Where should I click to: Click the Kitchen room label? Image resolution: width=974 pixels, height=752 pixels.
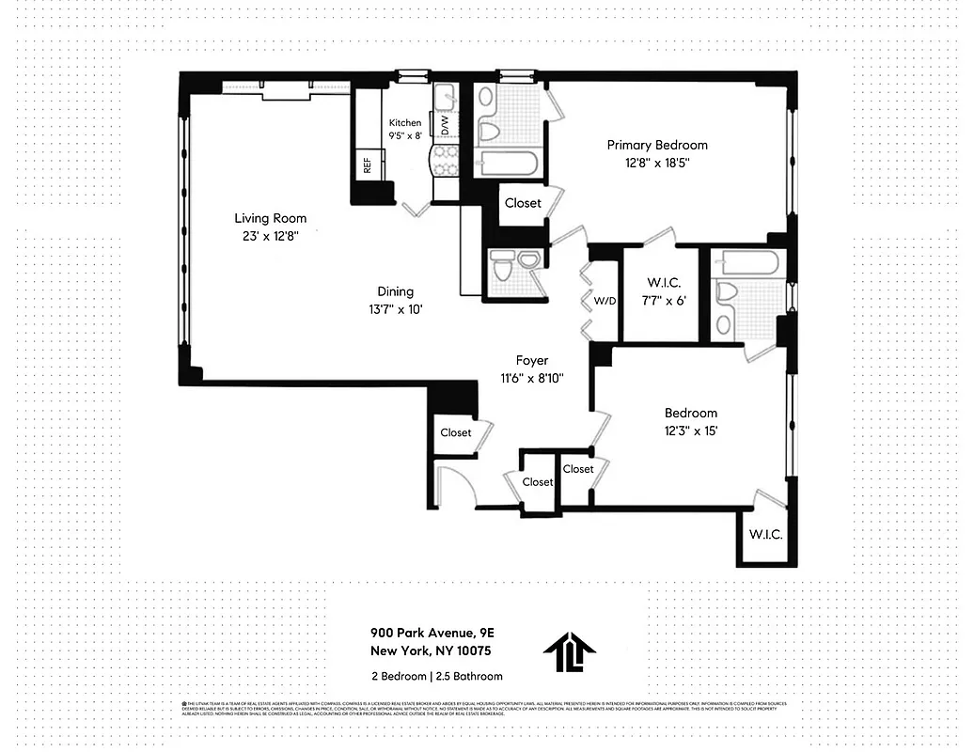point(405,123)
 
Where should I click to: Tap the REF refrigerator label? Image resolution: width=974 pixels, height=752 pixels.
point(367,165)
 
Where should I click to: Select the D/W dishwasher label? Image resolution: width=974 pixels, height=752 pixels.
point(439,124)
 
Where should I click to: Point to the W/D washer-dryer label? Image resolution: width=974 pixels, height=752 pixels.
point(605,302)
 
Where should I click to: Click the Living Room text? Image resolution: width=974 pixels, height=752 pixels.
point(270,218)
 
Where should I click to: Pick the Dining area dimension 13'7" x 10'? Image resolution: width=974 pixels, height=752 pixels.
point(395,310)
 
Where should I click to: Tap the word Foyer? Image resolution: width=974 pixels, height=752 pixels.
point(531,360)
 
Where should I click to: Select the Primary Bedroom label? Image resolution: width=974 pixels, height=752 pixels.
point(656,145)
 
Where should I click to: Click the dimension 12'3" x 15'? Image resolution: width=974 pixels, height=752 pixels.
point(690,431)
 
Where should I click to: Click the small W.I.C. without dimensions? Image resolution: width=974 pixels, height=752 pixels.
point(765,535)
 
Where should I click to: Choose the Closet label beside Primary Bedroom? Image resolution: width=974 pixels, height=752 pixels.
point(523,203)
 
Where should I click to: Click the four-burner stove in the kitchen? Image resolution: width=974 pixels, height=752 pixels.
point(444,159)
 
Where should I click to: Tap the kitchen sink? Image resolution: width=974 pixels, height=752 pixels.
point(444,95)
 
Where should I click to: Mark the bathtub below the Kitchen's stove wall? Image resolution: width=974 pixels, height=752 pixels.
point(507,165)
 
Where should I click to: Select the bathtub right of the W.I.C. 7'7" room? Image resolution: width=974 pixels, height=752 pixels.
point(746,263)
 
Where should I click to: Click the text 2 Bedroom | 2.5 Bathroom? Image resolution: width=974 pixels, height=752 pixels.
point(436,676)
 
